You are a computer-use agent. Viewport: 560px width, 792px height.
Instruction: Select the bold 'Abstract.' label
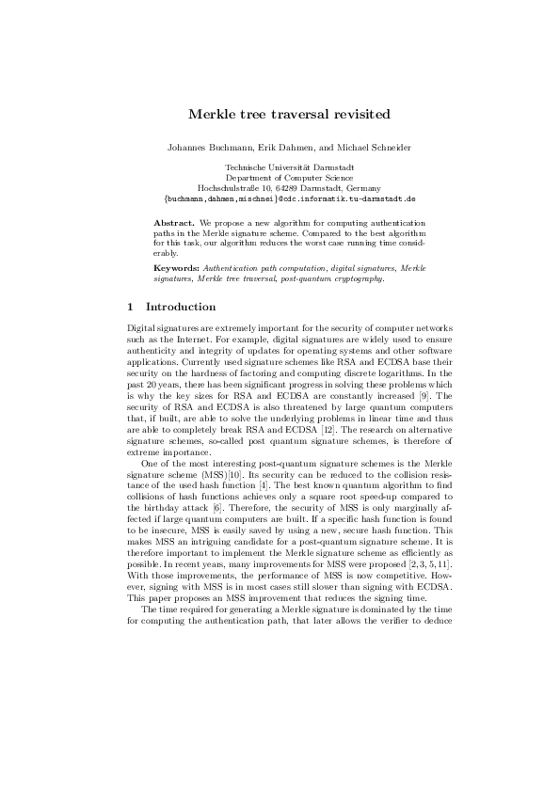pos(174,221)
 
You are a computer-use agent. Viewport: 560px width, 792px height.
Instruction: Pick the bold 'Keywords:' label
pos(176,269)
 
